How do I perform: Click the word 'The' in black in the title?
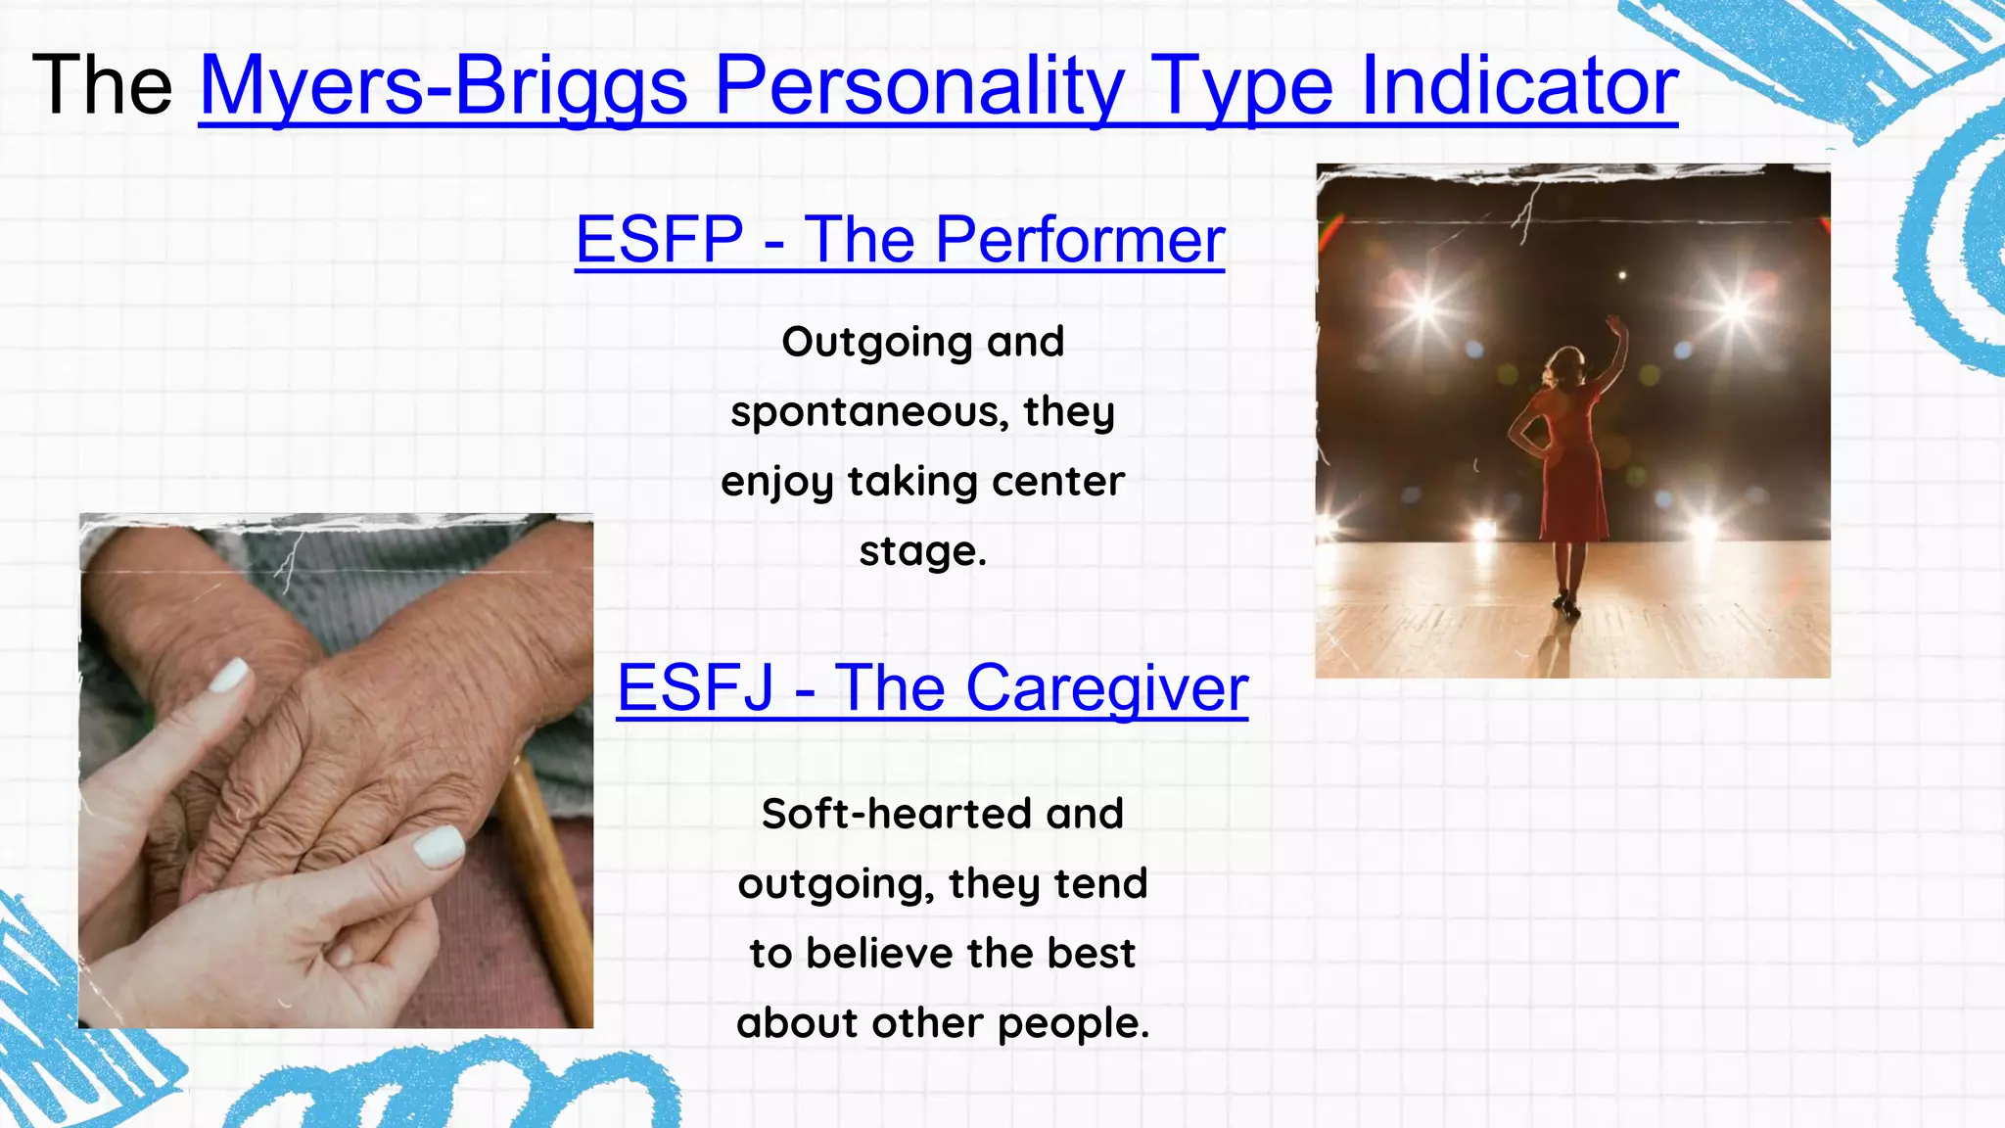[x=102, y=86]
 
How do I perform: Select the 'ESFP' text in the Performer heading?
[x=659, y=239]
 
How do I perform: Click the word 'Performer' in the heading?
[x=1079, y=239]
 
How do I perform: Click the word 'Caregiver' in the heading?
[x=1106, y=687]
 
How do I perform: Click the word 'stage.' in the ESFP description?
[x=922, y=550]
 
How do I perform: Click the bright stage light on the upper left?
[x=1423, y=307]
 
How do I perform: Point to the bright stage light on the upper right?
[x=1735, y=307]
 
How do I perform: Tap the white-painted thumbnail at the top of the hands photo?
[x=231, y=676]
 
